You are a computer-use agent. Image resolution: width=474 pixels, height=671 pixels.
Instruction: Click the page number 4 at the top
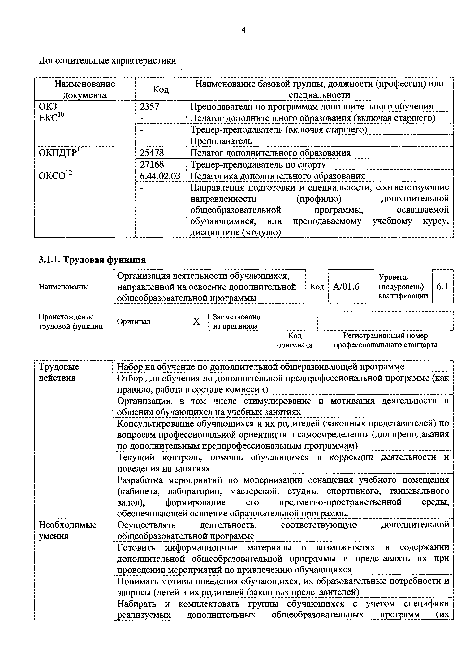[x=243, y=30]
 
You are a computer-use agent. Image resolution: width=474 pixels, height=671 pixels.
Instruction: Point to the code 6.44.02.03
[x=160, y=176]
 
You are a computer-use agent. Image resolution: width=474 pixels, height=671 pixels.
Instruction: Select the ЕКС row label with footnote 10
[x=51, y=118]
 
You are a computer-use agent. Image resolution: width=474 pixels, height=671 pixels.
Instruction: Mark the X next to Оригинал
[x=196, y=322]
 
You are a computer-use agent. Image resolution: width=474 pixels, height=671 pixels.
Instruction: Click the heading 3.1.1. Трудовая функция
[x=92, y=260]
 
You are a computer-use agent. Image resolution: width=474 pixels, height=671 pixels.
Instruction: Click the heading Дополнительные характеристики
[x=107, y=61]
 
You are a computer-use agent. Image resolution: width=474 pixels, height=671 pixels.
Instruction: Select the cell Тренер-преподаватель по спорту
[x=258, y=164]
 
